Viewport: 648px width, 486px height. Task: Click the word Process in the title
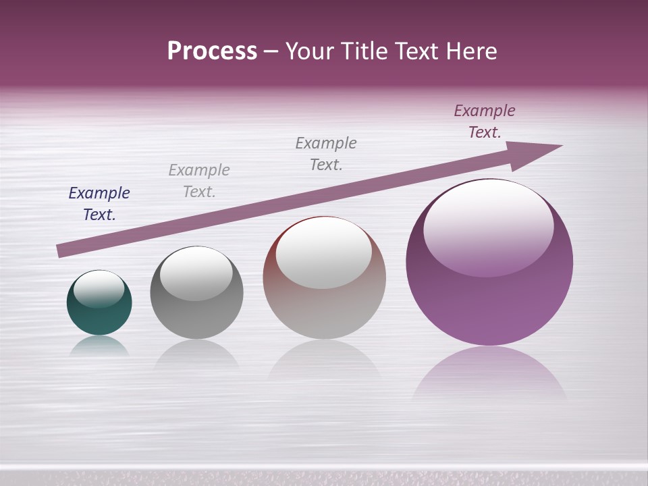(212, 51)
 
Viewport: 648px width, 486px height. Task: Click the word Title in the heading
(366, 51)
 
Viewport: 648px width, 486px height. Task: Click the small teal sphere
(99, 317)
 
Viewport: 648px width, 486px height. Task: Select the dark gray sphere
(196, 317)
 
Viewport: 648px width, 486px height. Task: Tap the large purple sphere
(489, 304)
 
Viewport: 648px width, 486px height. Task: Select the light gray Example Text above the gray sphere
(199, 180)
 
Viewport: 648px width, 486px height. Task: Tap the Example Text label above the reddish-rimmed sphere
(326, 153)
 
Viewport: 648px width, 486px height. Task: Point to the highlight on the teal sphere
(99, 289)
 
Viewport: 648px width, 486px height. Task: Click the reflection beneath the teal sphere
(99, 346)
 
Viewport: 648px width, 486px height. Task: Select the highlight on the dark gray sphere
(196, 273)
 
